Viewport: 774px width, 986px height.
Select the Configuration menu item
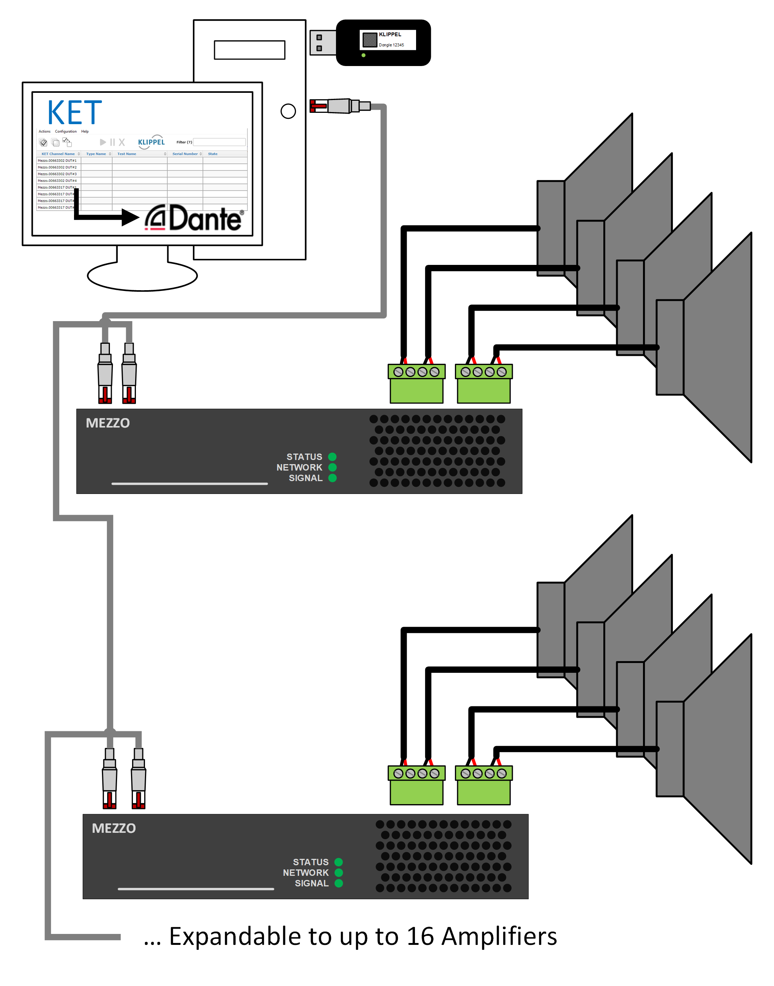(66, 131)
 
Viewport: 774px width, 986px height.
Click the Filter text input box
(219, 142)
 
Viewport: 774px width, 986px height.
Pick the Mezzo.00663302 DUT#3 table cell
(57, 174)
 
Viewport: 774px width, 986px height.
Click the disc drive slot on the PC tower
(249, 50)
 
